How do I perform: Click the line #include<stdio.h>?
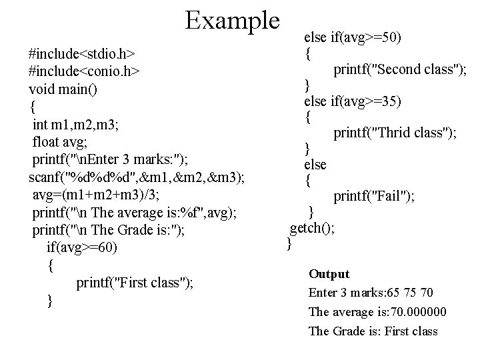click(x=83, y=53)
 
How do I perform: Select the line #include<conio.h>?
click(x=83, y=71)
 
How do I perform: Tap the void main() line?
click(x=63, y=89)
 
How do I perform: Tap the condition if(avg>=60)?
click(x=84, y=247)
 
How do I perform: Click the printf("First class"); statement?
click(x=135, y=283)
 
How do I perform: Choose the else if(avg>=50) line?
click(x=353, y=37)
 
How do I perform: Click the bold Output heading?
click(x=329, y=274)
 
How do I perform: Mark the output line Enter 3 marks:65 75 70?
click(x=371, y=292)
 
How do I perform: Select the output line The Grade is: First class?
click(x=373, y=331)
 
